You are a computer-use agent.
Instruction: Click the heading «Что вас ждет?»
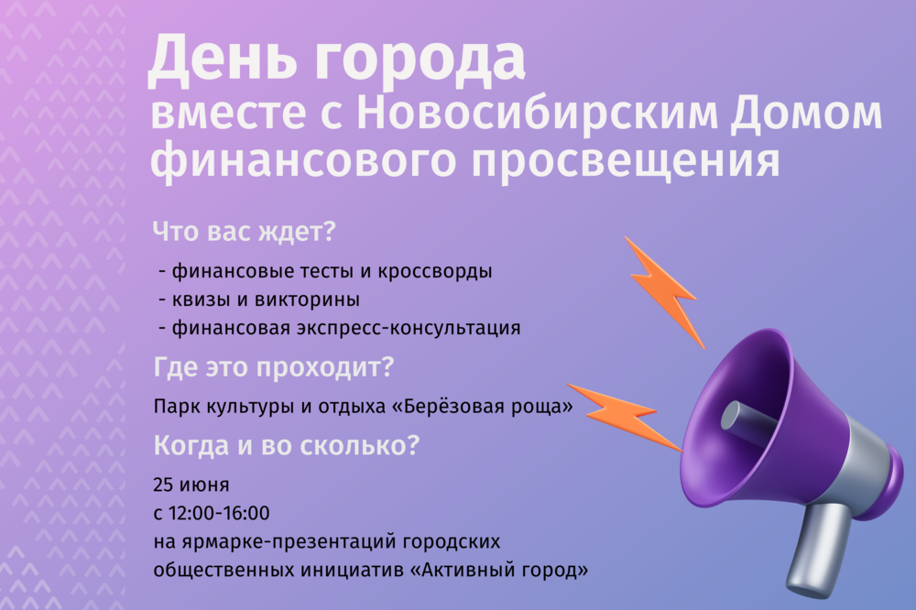(245, 232)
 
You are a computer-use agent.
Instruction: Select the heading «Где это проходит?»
(274, 368)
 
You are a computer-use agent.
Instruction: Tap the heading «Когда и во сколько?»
(288, 446)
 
